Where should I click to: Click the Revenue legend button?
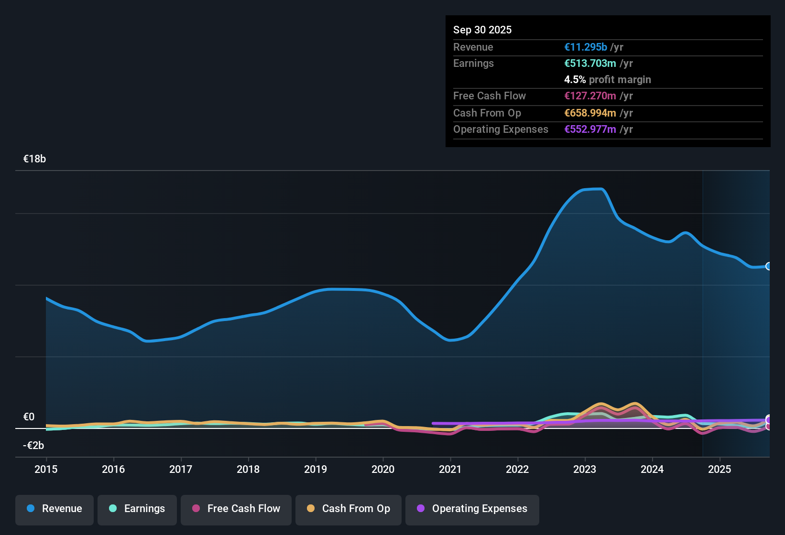pos(55,509)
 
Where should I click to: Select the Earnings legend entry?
pos(137,509)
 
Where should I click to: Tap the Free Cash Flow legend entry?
pos(236,509)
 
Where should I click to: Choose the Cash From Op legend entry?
pos(349,509)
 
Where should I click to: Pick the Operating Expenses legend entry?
pos(472,509)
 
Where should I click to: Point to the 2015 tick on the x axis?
pos(46,469)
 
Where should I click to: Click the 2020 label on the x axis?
pos(383,469)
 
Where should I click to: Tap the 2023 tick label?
pos(585,469)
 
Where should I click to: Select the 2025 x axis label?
pos(720,469)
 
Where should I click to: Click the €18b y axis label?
pos(34,159)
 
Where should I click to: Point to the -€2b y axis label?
pos(33,446)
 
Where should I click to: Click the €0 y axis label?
pos(29,417)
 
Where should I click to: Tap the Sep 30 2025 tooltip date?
pos(482,30)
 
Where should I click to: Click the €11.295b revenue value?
pos(586,47)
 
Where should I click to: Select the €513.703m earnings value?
pos(590,63)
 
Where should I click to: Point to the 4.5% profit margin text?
pos(608,79)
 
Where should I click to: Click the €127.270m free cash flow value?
pos(590,96)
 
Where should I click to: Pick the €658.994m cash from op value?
pos(590,113)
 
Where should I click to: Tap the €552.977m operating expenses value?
pos(590,129)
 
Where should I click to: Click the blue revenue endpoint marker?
pos(769,266)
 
